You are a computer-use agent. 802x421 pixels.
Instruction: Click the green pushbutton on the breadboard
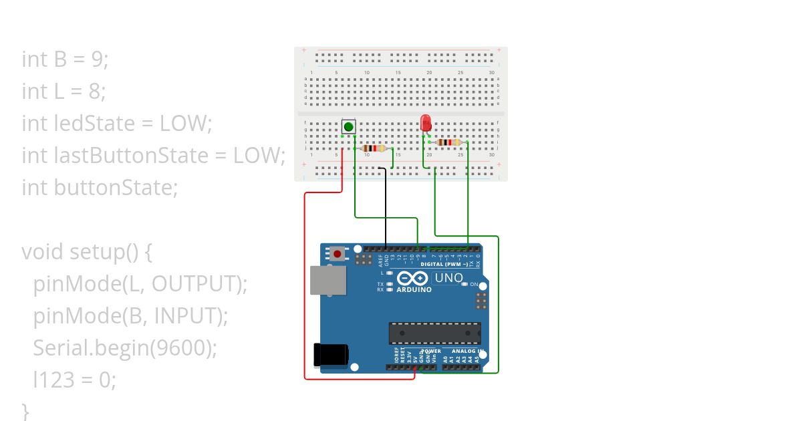pyautogui.click(x=348, y=127)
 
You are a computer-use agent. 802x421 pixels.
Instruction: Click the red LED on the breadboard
pyautogui.click(x=426, y=124)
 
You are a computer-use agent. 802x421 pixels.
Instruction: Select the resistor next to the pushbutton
pyautogui.click(x=374, y=148)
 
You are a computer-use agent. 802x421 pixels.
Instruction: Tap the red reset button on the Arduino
pyautogui.click(x=338, y=254)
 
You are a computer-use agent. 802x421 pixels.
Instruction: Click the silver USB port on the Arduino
pyautogui.click(x=328, y=280)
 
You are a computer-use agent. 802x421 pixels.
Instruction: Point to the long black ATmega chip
pyautogui.click(x=435, y=333)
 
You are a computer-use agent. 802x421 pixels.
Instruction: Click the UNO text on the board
pyautogui.click(x=448, y=278)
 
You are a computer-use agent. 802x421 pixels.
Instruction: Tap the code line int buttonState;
pyautogui.click(x=100, y=188)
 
